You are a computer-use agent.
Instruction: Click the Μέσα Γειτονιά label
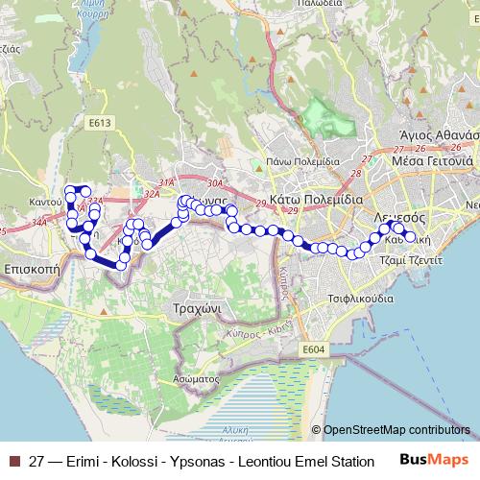[426, 161]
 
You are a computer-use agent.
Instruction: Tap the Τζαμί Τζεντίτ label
[410, 260]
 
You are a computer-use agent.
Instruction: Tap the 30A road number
[213, 182]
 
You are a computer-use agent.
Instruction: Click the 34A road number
[38, 222]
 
